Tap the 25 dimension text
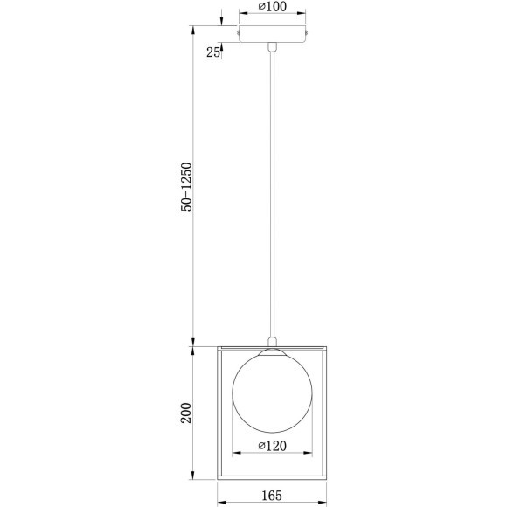(x=212, y=52)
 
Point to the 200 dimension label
(x=185, y=413)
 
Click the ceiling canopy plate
(x=274, y=34)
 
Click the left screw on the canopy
(x=239, y=34)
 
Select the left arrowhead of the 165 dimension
(x=220, y=504)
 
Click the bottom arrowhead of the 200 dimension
(x=193, y=479)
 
